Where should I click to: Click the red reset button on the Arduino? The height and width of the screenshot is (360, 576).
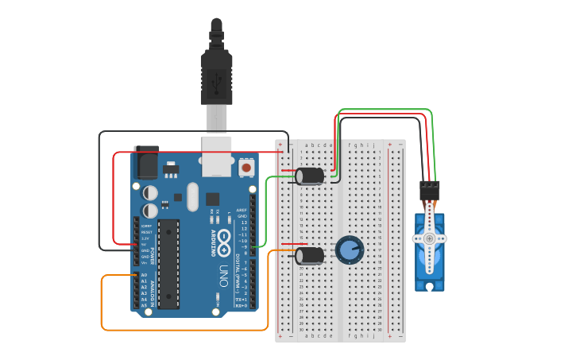(246, 168)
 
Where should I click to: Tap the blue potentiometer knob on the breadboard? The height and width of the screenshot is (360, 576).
(349, 250)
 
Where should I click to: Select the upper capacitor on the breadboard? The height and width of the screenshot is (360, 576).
(310, 176)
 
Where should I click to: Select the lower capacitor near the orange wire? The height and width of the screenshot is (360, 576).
(310, 255)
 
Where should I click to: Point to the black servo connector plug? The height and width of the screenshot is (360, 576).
(429, 191)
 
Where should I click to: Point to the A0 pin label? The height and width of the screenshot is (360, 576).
(145, 275)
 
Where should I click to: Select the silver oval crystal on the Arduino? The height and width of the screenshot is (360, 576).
(192, 196)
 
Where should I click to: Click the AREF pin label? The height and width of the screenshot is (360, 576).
(242, 211)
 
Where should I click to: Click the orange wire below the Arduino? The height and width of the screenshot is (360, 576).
(183, 329)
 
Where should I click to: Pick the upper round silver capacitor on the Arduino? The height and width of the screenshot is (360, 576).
(150, 192)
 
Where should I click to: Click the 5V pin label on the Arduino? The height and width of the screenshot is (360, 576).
(145, 244)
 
